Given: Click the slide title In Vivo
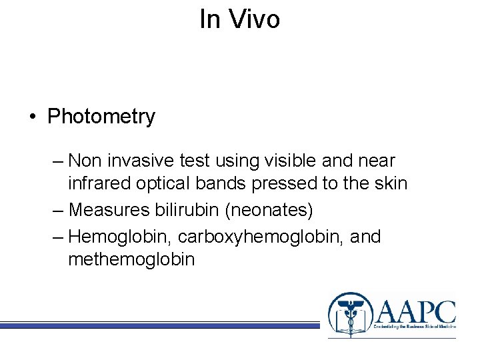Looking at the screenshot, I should (x=239, y=19).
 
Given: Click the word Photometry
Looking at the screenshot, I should (x=101, y=117).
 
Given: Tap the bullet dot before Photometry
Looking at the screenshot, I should (x=32, y=117).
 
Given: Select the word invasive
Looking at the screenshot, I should (x=149, y=161).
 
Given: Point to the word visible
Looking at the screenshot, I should (x=287, y=161).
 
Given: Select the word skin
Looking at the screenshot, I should (x=389, y=183).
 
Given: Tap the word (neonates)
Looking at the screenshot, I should (x=269, y=210).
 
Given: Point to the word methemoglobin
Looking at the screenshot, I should (x=131, y=259).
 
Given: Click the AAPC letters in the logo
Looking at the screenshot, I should (x=415, y=311).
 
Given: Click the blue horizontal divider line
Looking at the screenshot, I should (x=160, y=325).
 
